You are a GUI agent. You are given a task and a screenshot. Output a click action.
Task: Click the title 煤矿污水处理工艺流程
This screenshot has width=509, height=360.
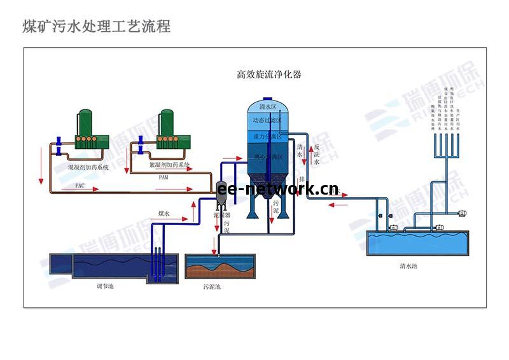click(97, 27)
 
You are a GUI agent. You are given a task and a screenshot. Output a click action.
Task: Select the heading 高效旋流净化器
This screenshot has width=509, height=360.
click(268, 74)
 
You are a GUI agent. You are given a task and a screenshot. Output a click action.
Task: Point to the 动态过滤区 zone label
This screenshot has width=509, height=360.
click(268, 120)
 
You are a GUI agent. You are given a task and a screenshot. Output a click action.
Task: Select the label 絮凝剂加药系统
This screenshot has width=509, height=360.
click(169, 165)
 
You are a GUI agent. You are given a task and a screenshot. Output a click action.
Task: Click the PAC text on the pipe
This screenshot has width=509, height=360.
click(80, 186)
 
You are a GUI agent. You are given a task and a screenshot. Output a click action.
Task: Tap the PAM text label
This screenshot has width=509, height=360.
click(164, 177)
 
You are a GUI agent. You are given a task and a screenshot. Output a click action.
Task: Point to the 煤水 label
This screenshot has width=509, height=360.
click(164, 214)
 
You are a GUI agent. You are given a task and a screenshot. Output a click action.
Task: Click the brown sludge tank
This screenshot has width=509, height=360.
click(219, 267)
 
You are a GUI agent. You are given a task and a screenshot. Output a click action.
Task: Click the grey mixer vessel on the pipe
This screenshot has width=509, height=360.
click(222, 192)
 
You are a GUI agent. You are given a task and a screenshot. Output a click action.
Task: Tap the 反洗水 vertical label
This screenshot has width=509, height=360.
click(316, 155)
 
